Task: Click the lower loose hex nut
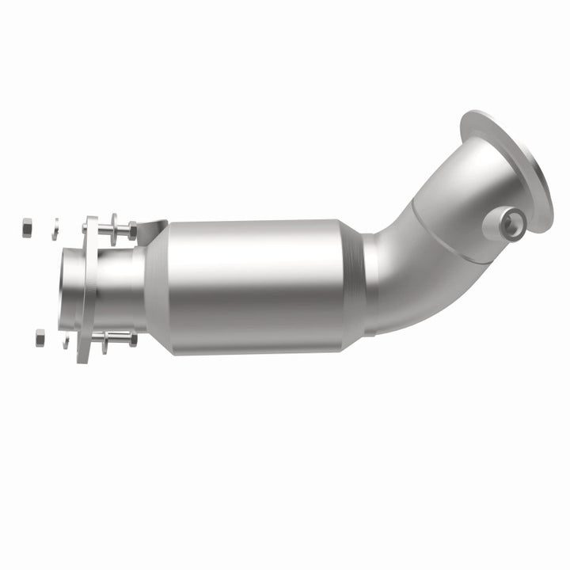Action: coord(40,337)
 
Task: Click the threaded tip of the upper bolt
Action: coord(85,228)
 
